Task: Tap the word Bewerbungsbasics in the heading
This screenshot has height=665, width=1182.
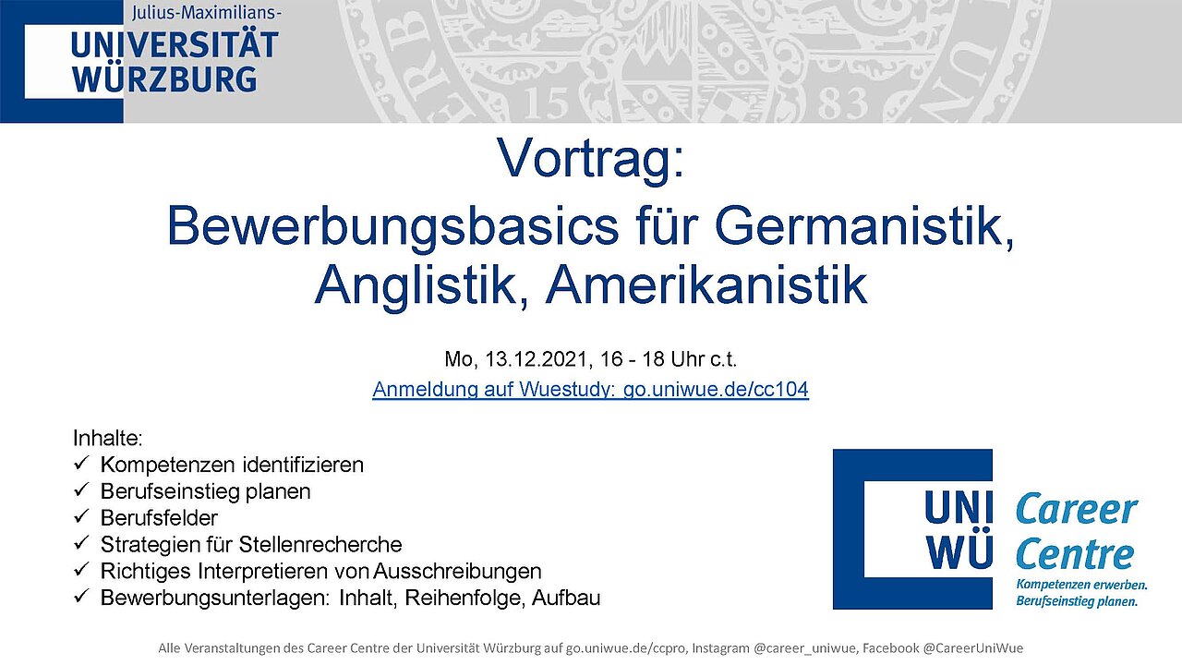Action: (x=392, y=227)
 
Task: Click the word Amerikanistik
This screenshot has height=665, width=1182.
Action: (x=706, y=285)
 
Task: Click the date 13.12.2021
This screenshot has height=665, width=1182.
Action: (x=537, y=359)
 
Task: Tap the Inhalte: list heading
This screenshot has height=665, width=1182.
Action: (x=108, y=438)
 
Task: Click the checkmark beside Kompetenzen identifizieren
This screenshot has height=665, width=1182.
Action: (x=81, y=464)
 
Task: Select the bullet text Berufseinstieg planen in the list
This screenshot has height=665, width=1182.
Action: (x=205, y=491)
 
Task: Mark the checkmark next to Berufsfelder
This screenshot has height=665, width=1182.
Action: (x=81, y=516)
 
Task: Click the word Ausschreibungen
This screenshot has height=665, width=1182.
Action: (x=457, y=571)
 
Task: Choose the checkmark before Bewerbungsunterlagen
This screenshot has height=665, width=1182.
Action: (x=81, y=597)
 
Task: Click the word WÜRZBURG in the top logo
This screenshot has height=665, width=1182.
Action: (x=164, y=80)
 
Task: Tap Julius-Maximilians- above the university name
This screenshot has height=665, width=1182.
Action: (x=206, y=13)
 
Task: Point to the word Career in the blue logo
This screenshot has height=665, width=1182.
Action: (x=1076, y=509)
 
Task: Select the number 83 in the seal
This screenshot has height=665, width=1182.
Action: (x=842, y=103)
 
